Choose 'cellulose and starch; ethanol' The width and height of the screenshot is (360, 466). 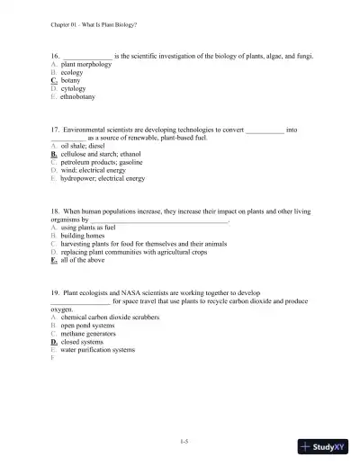(102, 155)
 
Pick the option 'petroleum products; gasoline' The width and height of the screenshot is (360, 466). (103, 163)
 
